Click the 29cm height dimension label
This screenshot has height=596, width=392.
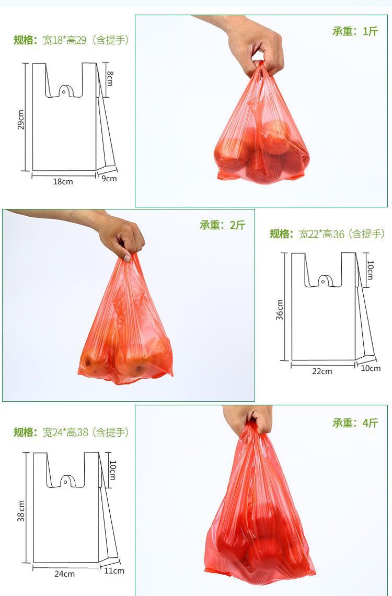[x=21, y=120]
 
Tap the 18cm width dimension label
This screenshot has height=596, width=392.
[x=63, y=181]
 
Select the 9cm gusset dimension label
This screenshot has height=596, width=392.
[x=109, y=179]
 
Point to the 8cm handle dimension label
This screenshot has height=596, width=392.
[x=110, y=79]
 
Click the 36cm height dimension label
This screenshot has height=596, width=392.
[x=280, y=309]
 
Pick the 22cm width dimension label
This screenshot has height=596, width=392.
[x=322, y=371]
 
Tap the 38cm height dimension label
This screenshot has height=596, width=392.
[x=21, y=510]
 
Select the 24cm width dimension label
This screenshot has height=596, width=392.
[x=64, y=574]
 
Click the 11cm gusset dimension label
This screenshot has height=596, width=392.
[x=114, y=570]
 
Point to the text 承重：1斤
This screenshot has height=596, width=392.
[x=355, y=31]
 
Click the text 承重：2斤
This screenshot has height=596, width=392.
[x=222, y=225]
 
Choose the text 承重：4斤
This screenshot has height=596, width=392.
[x=355, y=423]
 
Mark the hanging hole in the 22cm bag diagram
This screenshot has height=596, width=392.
[x=322, y=282]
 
